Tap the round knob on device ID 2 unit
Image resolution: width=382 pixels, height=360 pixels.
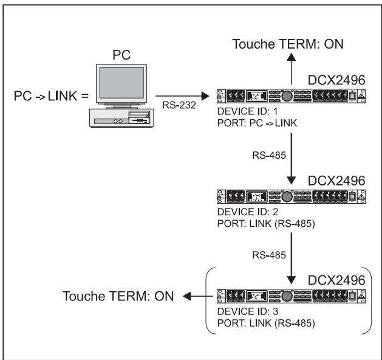coord(298,197)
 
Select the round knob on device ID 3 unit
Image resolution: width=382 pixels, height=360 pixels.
coord(298,298)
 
